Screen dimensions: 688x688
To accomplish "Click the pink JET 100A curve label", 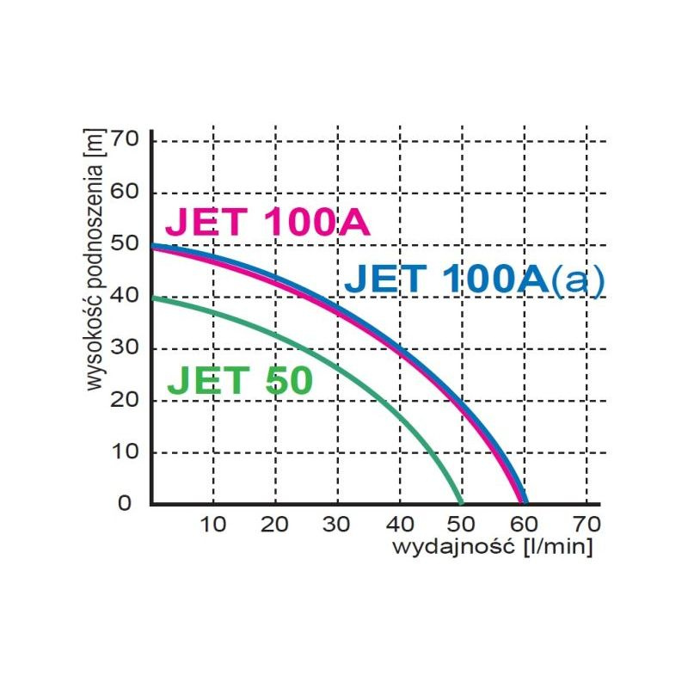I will [x=267, y=223].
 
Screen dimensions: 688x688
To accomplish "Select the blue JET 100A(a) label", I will [x=475, y=279].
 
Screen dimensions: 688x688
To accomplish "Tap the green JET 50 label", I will [x=239, y=381].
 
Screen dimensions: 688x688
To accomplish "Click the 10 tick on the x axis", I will [x=213, y=523].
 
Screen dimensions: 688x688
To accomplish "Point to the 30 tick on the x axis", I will [x=338, y=523].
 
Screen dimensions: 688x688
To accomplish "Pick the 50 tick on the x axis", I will [x=462, y=523].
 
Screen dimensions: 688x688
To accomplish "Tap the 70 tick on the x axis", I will [x=587, y=523].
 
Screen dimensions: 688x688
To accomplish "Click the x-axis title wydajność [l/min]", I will [x=493, y=546].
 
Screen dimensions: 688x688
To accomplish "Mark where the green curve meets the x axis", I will [x=462, y=502].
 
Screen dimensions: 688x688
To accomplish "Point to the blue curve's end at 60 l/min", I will [x=524, y=502].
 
